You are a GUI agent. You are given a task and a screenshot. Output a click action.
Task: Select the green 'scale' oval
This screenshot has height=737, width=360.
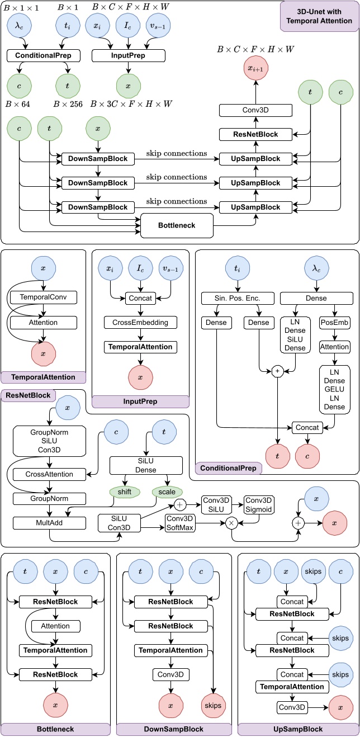click(167, 492)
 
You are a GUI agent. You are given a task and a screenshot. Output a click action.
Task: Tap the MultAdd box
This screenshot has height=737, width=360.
click(50, 522)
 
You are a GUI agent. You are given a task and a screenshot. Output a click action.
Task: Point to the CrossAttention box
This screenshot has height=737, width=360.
click(50, 474)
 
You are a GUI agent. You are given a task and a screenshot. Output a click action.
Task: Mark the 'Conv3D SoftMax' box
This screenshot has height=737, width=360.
click(179, 522)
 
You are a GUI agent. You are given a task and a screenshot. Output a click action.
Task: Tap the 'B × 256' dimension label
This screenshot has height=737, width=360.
click(66, 104)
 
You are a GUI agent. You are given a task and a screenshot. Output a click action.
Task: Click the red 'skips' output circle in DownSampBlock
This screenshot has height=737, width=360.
click(212, 705)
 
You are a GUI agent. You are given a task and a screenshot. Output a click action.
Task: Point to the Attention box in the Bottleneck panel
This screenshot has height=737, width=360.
click(55, 626)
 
